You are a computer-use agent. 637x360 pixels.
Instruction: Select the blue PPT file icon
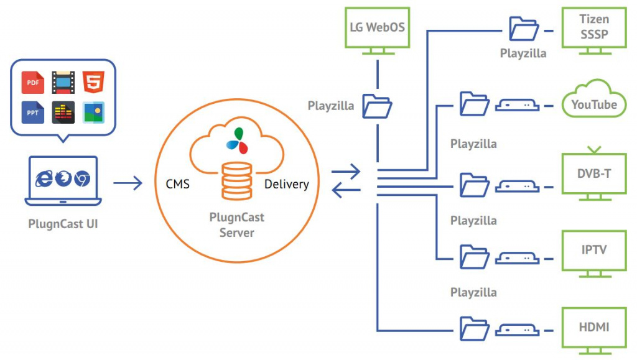click(32, 112)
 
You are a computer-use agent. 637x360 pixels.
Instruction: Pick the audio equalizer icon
click(63, 112)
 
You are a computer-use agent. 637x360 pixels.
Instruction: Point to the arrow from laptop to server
click(128, 183)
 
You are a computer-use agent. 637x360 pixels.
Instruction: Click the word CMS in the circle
click(177, 184)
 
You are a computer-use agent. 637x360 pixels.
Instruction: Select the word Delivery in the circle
click(286, 184)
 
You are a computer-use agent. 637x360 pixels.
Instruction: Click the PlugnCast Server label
click(236, 224)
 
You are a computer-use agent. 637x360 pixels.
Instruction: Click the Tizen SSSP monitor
click(593, 29)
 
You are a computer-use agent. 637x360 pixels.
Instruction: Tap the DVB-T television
click(593, 174)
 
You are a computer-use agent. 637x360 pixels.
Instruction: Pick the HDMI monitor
click(593, 327)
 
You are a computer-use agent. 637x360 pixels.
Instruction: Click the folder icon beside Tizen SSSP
click(524, 29)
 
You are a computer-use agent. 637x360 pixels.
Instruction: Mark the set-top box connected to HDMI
click(516, 327)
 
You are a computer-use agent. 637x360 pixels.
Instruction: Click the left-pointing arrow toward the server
click(346, 192)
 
